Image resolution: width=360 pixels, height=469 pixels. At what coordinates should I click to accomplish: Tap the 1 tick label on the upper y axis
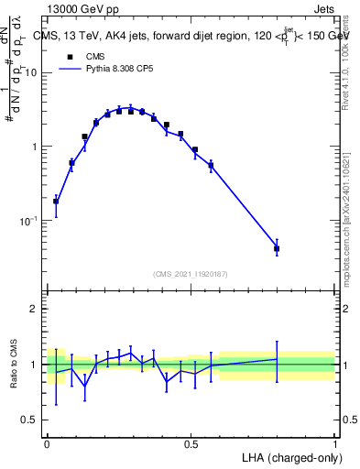pyautogui.click(x=34, y=147)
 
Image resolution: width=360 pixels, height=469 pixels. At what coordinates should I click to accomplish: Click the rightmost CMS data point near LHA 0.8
pyautogui.click(x=277, y=248)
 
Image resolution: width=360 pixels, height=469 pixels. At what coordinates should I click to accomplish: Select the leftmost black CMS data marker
pyautogui.click(x=56, y=202)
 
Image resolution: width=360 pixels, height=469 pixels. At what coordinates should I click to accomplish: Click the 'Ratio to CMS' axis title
pyautogui.click(x=13, y=365)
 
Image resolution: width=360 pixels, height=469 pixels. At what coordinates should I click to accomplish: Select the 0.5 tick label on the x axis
pyautogui.click(x=190, y=442)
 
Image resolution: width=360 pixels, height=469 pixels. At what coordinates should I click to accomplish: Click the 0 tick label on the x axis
pyautogui.click(x=47, y=442)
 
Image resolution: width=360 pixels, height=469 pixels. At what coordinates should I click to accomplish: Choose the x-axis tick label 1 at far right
pyautogui.click(x=334, y=442)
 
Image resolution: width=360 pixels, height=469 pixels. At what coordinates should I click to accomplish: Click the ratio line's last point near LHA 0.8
pyautogui.click(x=277, y=358)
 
